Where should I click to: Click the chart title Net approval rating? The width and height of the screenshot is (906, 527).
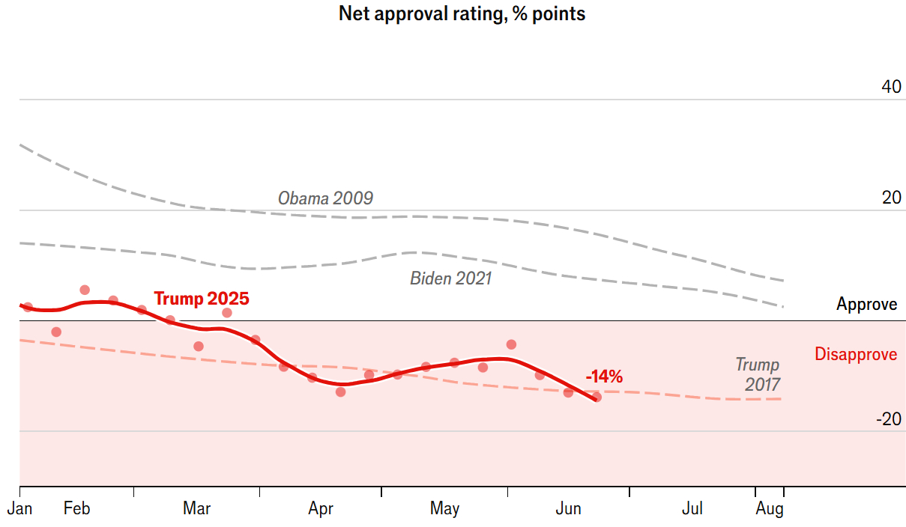pos(462,13)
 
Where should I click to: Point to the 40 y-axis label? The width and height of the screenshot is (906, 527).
pos(891,87)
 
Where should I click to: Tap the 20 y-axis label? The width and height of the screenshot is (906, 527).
pos(891,198)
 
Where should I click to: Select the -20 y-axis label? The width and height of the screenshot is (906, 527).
pos(888,419)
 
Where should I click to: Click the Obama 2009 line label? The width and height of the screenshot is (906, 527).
pos(325,198)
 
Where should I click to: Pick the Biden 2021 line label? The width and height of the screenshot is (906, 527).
pos(450,278)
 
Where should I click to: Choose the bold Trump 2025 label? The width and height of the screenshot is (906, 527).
pos(202,299)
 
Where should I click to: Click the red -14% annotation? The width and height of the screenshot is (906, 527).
pos(604,377)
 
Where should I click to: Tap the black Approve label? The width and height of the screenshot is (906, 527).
pos(866,305)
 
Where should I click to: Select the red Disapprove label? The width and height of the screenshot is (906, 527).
pos(856,354)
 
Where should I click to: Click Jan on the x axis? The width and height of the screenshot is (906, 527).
pos(20,510)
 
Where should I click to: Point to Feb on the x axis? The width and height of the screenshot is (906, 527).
pos(76,510)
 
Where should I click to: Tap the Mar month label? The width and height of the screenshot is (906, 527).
pos(196,510)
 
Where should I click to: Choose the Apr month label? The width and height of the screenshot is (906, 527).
pos(321,510)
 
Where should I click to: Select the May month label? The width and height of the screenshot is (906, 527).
pos(444,510)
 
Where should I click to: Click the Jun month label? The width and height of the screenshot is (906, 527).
pos(568,510)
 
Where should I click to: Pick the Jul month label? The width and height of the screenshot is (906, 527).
pos(692,510)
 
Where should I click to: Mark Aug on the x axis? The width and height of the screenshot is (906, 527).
pos(770,510)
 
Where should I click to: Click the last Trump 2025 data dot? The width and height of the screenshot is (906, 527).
pos(597,397)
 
